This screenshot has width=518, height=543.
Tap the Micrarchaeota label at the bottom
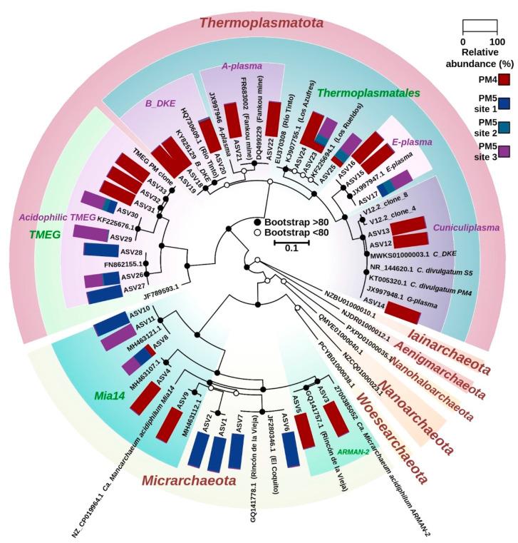point(187,480)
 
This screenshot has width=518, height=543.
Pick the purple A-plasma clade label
point(242,66)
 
